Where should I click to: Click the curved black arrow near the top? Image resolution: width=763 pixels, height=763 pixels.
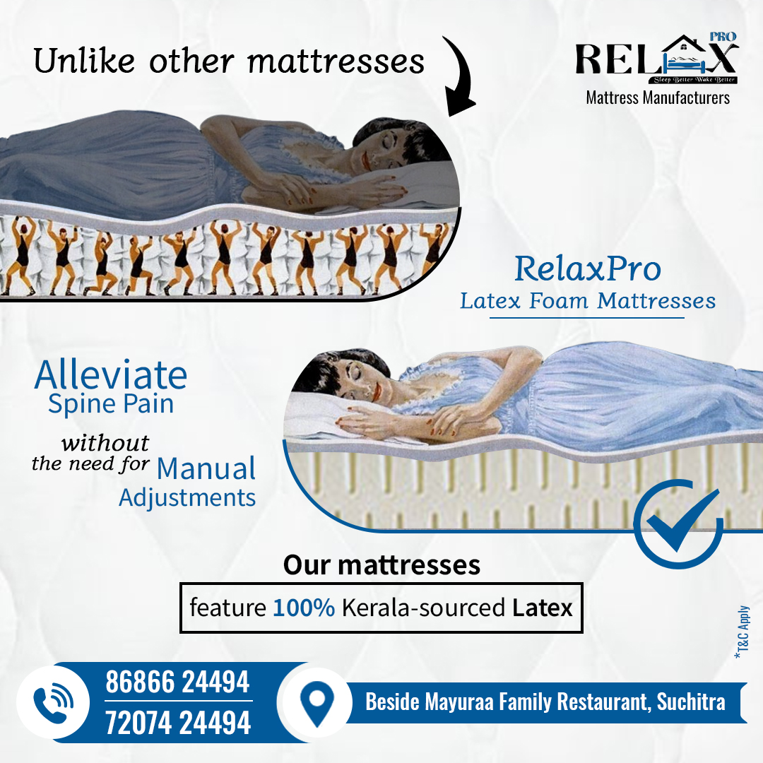coord(466,73)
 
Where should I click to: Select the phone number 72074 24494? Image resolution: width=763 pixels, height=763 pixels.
coord(178,722)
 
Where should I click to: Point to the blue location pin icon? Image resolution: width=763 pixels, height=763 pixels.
coord(317,702)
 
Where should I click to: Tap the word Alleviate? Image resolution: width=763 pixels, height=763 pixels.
coord(111,374)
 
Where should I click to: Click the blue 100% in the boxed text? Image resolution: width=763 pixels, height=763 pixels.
coord(304,608)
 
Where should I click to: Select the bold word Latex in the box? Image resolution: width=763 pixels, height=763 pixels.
coord(542,608)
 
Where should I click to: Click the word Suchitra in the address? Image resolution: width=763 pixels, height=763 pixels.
coord(691,702)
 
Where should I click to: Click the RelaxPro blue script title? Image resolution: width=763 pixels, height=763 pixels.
coord(588,268)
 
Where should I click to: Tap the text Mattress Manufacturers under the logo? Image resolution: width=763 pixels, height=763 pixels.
coord(658,97)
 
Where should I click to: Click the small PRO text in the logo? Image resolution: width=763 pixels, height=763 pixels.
coord(723,37)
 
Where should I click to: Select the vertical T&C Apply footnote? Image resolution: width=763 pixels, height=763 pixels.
coord(742,632)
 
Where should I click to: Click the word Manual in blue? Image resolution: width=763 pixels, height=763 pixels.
coord(206,468)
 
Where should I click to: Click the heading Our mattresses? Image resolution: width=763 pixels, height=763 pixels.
coord(382,565)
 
